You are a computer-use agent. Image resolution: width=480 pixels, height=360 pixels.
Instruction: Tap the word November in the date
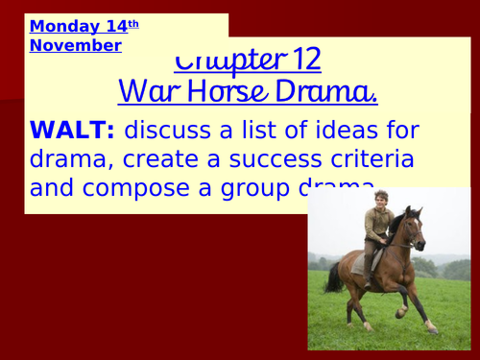click(x=76, y=45)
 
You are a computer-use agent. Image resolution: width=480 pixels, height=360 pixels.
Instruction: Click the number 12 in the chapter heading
click(x=302, y=60)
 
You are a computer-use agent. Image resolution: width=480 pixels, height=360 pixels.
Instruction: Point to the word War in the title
click(x=145, y=93)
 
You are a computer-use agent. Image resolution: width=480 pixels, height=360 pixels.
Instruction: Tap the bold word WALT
click(x=66, y=130)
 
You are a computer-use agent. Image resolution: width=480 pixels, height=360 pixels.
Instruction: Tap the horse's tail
click(x=334, y=277)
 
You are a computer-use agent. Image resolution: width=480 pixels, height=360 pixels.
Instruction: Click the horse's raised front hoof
click(x=400, y=312)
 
